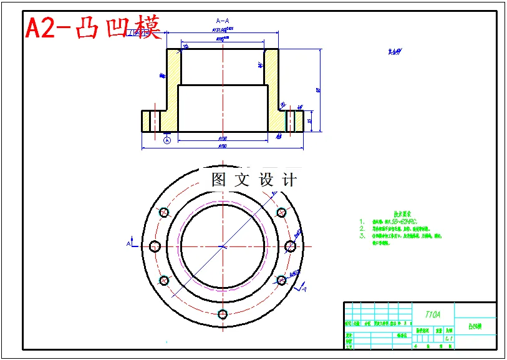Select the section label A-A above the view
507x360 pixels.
tap(222, 20)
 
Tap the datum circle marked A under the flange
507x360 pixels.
tap(167, 141)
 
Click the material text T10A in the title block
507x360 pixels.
tap(432, 314)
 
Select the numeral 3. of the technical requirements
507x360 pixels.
tap(362, 236)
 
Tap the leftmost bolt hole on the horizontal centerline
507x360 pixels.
tap(155, 246)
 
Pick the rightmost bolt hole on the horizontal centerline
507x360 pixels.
tap(290, 246)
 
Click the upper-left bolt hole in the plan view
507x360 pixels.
tap(164, 213)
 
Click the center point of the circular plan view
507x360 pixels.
tap(223, 246)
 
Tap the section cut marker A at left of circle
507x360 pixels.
tap(130, 243)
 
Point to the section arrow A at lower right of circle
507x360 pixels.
tap(304, 288)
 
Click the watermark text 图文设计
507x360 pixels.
tap(254, 180)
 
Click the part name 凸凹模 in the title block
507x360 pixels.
tap(475, 326)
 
